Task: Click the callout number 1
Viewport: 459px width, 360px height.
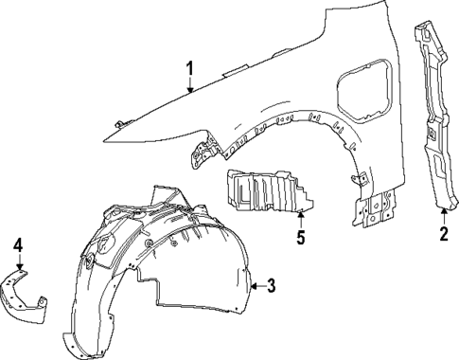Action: (x=190, y=67)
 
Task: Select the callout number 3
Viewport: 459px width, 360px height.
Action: (x=272, y=284)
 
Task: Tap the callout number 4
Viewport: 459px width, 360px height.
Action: (x=17, y=248)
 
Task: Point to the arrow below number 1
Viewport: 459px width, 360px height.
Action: (x=190, y=86)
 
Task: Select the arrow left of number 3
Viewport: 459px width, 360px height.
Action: (x=253, y=283)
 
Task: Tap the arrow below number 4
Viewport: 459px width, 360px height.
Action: (x=18, y=266)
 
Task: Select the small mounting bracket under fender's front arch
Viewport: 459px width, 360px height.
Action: (x=203, y=149)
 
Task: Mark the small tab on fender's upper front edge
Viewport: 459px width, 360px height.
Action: (x=121, y=122)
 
